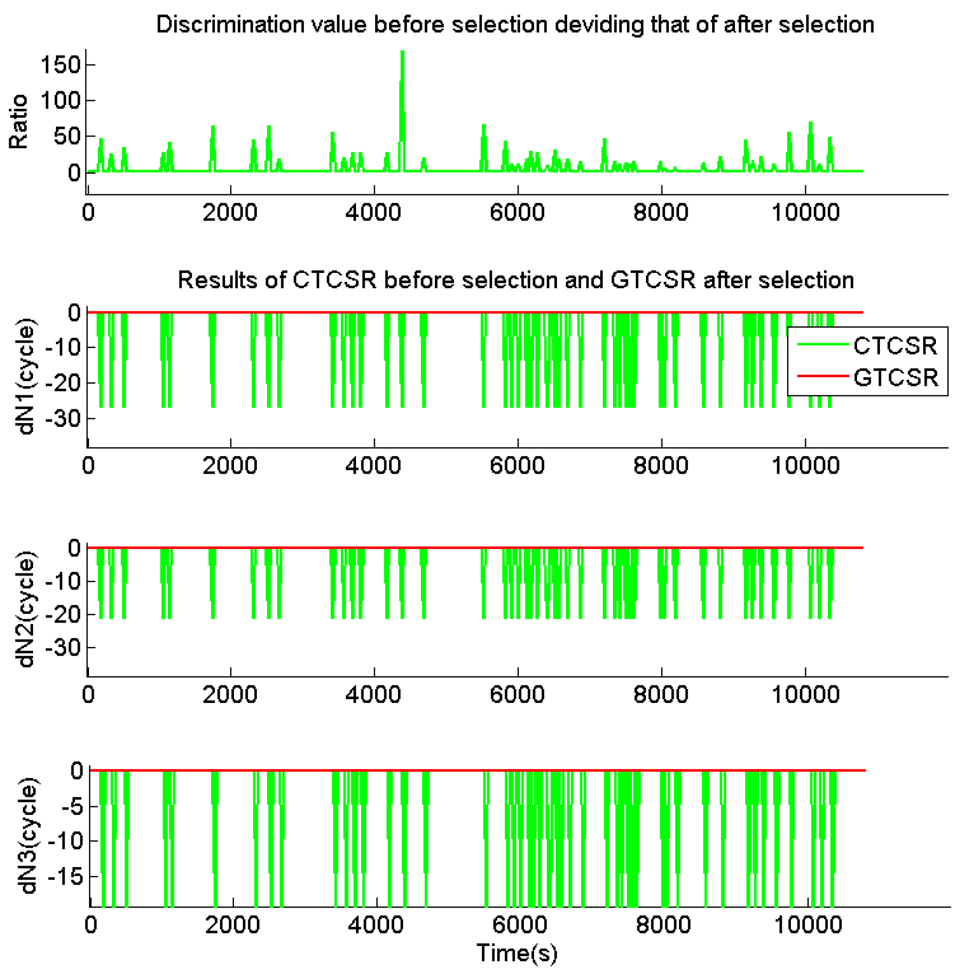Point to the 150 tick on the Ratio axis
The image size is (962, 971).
[x=60, y=65]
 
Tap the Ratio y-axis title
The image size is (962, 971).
[x=19, y=122]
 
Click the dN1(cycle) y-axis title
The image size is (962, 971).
[x=26, y=377]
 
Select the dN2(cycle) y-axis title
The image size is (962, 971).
[x=26, y=609]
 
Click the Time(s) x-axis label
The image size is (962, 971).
[x=516, y=953]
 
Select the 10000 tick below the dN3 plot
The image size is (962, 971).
[x=807, y=925]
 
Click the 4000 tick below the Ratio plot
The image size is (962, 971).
[x=373, y=213]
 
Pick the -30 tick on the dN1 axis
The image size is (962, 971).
[x=62, y=418]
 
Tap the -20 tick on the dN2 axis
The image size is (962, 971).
[x=62, y=614]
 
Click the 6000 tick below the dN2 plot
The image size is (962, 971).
[x=517, y=695]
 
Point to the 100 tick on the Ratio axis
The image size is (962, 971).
[x=60, y=100]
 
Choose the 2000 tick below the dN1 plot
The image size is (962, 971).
[x=230, y=466]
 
